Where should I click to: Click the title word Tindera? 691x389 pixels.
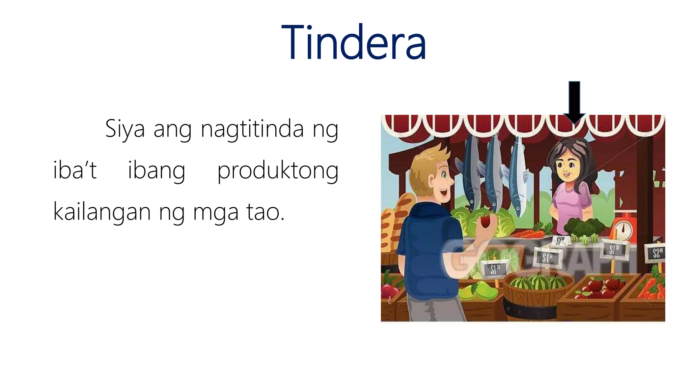point(353,43)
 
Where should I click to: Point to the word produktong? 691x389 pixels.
point(278,171)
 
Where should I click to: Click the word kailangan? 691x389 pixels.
point(102,212)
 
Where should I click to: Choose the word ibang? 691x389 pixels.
point(157,171)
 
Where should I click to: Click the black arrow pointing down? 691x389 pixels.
point(574,101)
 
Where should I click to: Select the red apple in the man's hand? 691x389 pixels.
point(486,222)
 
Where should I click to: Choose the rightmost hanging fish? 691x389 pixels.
point(518,176)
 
